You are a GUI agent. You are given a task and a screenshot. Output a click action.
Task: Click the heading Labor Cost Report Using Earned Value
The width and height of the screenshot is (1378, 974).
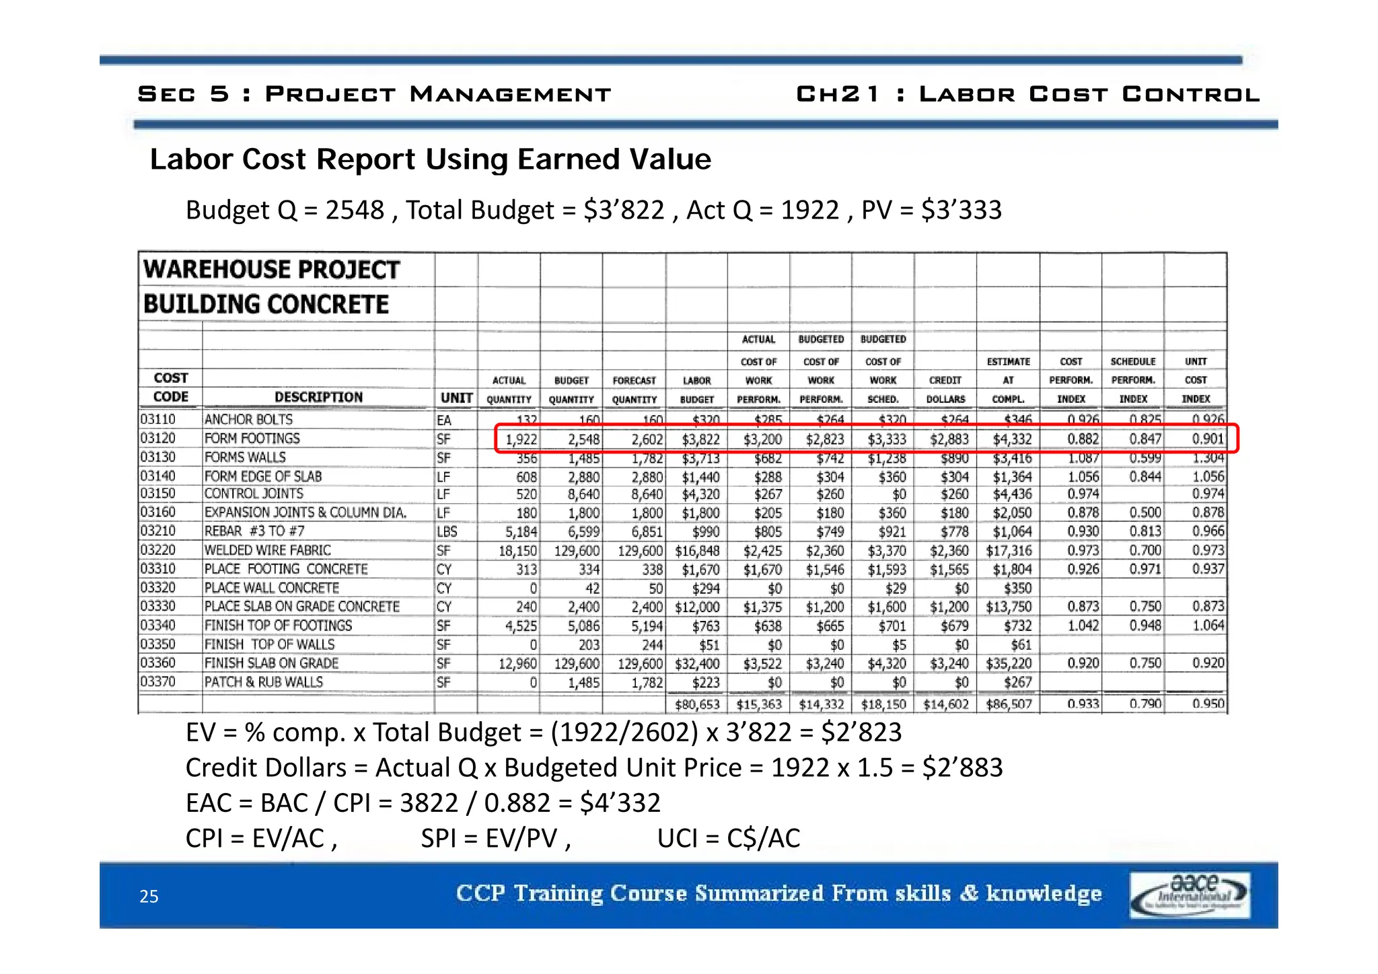click(x=430, y=159)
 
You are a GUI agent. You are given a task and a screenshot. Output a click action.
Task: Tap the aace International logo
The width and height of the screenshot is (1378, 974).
click(x=1190, y=895)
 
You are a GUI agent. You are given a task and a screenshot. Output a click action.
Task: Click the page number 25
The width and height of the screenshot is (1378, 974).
click(x=149, y=897)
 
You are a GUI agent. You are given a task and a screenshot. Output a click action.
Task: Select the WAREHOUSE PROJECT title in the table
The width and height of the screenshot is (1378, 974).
click(x=271, y=270)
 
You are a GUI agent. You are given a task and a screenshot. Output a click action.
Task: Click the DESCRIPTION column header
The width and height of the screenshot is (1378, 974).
click(x=318, y=398)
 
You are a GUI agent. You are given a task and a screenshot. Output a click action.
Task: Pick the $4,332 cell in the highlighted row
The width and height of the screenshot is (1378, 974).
click(x=1012, y=440)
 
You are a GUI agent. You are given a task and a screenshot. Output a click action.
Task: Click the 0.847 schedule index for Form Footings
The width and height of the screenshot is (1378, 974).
click(x=1145, y=440)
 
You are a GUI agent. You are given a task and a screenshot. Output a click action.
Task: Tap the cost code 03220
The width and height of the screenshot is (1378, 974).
click(x=157, y=550)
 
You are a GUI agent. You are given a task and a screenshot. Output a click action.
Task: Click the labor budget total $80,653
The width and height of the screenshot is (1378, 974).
click(x=697, y=705)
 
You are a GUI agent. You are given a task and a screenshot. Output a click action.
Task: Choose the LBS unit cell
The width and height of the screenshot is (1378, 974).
click(x=447, y=531)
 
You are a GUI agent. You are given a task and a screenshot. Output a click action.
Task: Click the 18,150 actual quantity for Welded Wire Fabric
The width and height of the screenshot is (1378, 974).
click(x=517, y=551)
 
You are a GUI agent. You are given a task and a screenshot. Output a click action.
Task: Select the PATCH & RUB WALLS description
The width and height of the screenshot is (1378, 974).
click(x=264, y=682)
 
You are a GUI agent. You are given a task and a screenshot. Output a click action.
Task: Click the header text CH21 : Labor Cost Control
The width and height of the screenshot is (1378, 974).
click(x=1027, y=94)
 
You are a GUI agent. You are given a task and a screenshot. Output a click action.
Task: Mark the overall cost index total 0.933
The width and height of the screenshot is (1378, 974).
click(x=1083, y=704)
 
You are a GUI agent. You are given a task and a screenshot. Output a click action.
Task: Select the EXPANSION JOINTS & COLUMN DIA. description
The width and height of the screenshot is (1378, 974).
click(x=305, y=513)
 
